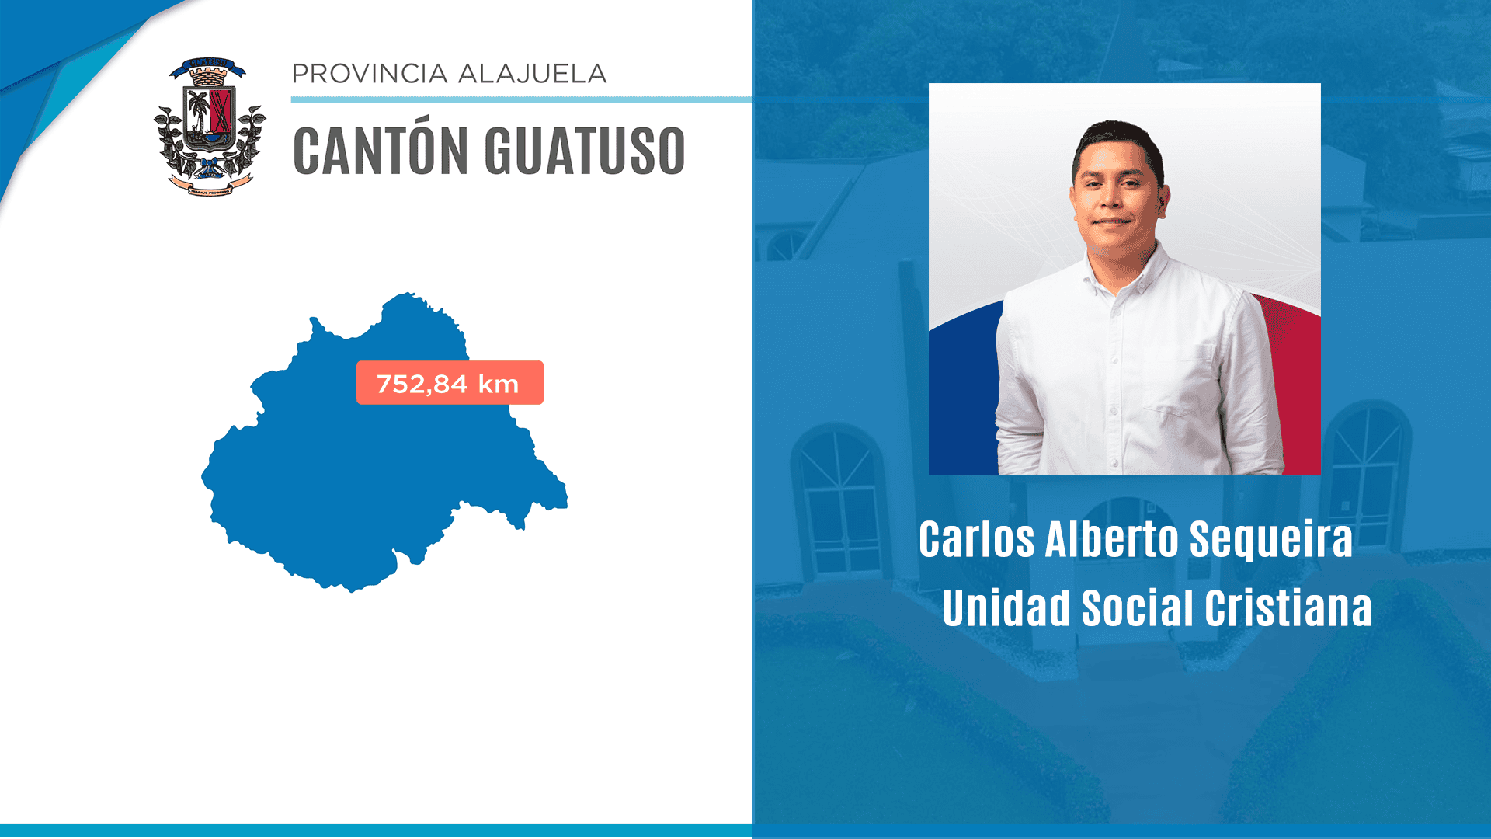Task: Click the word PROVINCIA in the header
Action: (370, 74)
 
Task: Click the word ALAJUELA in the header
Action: (532, 74)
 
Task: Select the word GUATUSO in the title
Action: (585, 151)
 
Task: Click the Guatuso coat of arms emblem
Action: (209, 126)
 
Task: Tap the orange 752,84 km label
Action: (450, 382)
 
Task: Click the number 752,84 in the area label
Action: (422, 384)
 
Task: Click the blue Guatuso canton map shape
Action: (349, 482)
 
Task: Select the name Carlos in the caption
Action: (976, 539)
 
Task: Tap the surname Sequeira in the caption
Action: (1270, 539)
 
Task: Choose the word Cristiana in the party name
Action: (1288, 607)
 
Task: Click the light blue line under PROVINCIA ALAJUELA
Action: (520, 99)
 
